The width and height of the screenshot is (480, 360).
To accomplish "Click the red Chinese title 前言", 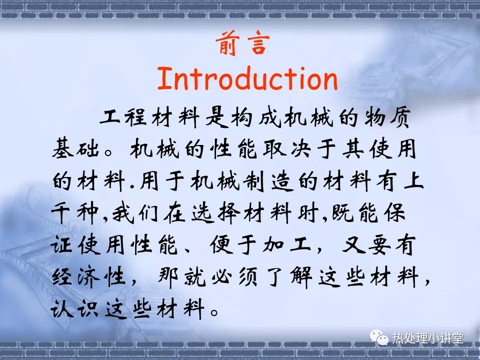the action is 243,43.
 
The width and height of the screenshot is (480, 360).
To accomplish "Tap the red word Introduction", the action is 247,78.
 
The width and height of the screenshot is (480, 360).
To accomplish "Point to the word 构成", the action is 256,117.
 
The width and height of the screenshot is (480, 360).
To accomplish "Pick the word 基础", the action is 75,149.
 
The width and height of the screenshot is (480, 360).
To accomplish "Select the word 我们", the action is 135,213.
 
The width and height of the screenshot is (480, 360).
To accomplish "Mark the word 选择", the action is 216,213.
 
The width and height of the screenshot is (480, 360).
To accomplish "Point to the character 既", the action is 343,213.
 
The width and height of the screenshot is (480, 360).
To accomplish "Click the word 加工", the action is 286,245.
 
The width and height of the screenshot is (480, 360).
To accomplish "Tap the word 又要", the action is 366,245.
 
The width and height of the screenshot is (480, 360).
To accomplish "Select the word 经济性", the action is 89,277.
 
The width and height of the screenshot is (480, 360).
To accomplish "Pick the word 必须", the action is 234,277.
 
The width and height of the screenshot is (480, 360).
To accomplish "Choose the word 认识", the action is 74,308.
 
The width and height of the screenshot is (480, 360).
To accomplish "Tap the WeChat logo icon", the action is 378,337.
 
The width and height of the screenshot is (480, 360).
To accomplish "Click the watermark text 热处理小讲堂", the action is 428,338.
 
